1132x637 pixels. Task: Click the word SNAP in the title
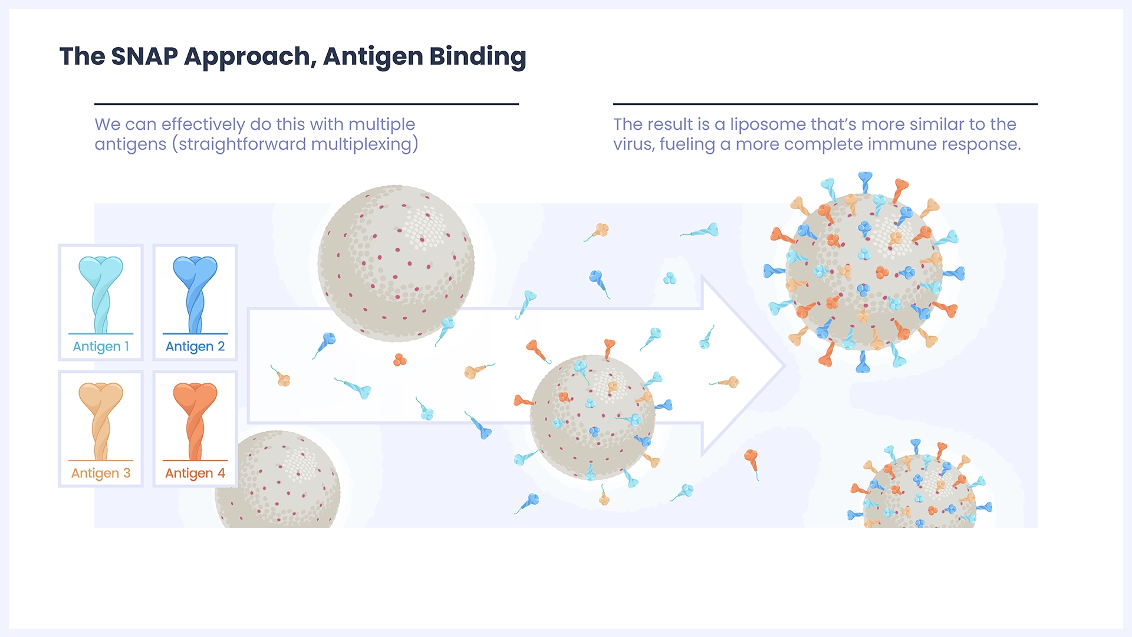[144, 57]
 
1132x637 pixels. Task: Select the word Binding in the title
[478, 57]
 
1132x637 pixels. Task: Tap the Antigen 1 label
[101, 347]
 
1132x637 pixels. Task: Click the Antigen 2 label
[195, 347]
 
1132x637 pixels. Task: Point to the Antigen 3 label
[101, 473]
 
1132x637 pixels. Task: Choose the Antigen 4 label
[195, 473]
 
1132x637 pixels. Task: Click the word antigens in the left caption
[130, 145]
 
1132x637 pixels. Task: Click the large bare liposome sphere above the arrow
[396, 264]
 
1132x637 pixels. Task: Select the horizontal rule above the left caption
[307, 104]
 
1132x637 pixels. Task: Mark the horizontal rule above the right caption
[825, 104]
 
